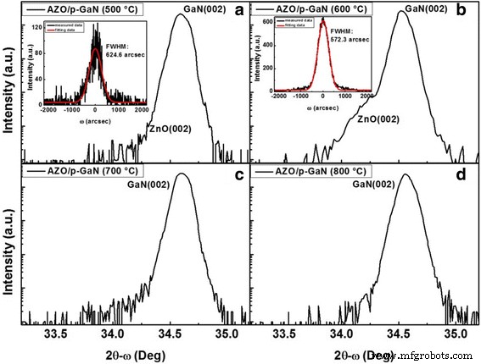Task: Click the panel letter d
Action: pyautogui.click(x=467, y=174)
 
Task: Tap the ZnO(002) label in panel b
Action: pyautogui.click(x=378, y=121)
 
